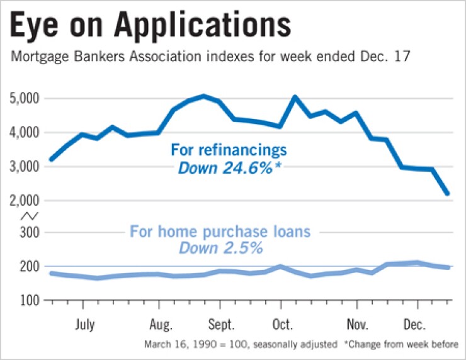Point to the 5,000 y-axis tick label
tap(25, 99)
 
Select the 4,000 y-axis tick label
tap(25, 133)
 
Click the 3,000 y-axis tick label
tap(25, 167)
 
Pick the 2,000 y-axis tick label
tap(25, 201)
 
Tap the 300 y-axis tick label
tap(30, 233)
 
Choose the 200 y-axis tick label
tap(30, 267)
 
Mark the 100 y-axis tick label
tap(30, 300)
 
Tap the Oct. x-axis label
tap(282, 325)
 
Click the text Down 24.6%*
tap(229, 168)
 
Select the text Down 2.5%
tap(220, 248)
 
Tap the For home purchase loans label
tap(220, 231)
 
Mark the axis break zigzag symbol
tap(28, 216)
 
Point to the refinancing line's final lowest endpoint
tap(447, 193)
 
